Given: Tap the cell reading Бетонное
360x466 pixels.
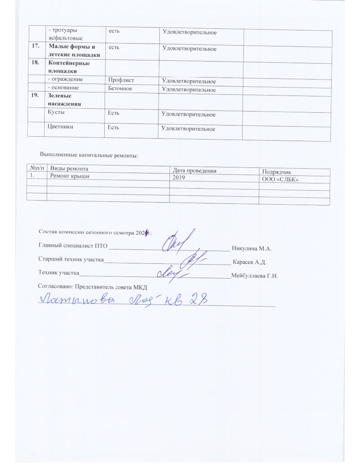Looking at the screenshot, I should point(120,88).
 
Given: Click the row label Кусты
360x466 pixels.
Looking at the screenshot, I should point(56,112).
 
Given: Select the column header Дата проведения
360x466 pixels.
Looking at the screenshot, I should point(194,171).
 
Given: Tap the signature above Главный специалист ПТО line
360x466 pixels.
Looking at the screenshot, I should point(177,241).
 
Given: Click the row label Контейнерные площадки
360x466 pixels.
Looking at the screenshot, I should point(69,67).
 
